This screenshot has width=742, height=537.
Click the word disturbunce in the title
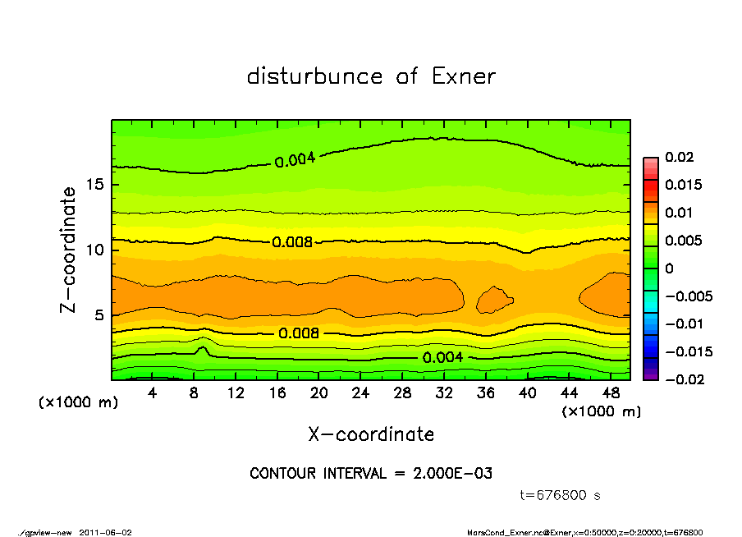point(315,76)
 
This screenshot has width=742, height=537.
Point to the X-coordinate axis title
point(371,434)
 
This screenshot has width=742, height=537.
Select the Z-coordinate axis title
point(68,250)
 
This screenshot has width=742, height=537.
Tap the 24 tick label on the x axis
point(360,393)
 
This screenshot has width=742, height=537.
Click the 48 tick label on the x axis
point(611,393)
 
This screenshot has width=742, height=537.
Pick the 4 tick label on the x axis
point(153,393)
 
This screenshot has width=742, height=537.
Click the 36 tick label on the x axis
point(486,393)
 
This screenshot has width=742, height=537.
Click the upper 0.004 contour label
point(295,160)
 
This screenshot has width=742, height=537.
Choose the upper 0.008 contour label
point(292,242)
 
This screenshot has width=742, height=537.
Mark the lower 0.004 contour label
point(443,357)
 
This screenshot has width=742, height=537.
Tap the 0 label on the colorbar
point(669,268)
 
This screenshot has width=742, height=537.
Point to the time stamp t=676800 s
point(561,495)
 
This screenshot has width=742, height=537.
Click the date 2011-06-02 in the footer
point(106,532)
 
